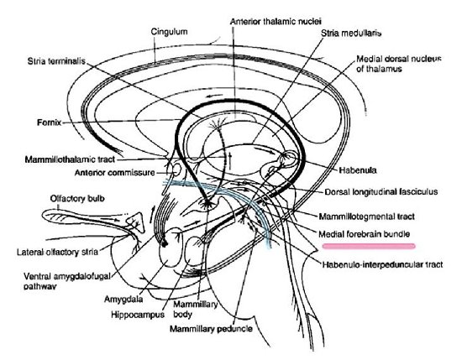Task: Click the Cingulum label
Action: coord(169,32)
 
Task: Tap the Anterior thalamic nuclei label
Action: coord(276,22)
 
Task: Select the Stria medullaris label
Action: coord(351,33)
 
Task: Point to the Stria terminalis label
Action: coord(56,61)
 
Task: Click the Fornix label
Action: coord(50,123)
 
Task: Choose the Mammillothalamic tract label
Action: coord(70,159)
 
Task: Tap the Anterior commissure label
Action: coord(114,173)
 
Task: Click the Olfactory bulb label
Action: coord(77,198)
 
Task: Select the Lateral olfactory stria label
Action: coord(57,253)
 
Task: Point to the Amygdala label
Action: coord(123,300)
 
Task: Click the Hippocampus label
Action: coord(138,315)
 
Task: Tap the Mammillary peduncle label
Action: coord(211,329)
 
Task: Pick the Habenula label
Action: coord(358,170)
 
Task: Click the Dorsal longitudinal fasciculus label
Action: coord(381,192)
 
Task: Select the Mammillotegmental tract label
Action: coord(367,217)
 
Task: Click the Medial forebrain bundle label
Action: coord(365,234)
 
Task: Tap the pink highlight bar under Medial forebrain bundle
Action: coord(369,246)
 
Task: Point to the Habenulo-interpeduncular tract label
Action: coord(382,264)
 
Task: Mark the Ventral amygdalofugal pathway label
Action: coord(67,281)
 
